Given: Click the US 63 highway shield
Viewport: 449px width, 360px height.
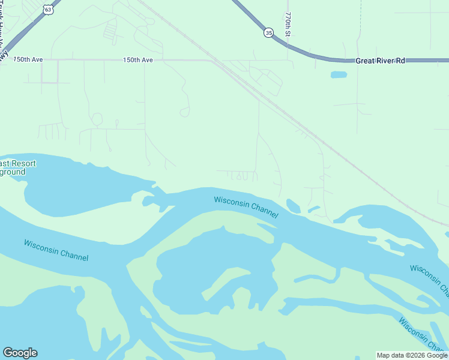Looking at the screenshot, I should pyautogui.click(x=48, y=10).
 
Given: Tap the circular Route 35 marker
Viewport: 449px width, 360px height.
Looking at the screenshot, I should pyautogui.click(x=268, y=32).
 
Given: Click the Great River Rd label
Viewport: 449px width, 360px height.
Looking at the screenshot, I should pyautogui.click(x=381, y=61).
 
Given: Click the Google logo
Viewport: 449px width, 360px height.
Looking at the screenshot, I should pyautogui.click(x=20, y=353).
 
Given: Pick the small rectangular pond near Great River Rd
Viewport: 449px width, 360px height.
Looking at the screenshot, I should pyautogui.click(x=339, y=75).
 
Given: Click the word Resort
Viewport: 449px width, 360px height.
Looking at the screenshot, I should pyautogui.click(x=23, y=163).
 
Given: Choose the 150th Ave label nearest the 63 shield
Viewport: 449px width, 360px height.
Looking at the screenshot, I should pyautogui.click(x=29, y=60).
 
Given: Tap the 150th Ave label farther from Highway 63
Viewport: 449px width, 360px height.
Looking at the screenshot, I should pyautogui.click(x=138, y=60).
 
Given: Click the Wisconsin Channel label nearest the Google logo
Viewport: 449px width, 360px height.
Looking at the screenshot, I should pyautogui.click(x=56, y=250).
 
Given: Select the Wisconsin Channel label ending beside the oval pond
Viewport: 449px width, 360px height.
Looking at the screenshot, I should pyautogui.click(x=246, y=207).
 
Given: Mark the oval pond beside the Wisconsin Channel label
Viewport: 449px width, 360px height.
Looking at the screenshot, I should pyautogui.click(x=293, y=206).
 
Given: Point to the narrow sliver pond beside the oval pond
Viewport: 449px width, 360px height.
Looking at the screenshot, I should pyautogui.click(x=314, y=209).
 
